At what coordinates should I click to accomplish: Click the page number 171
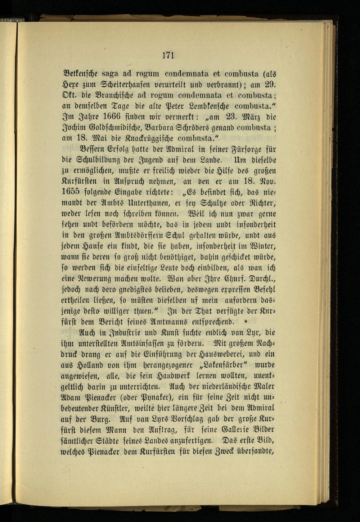168,55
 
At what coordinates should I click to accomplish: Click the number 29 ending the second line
270,85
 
